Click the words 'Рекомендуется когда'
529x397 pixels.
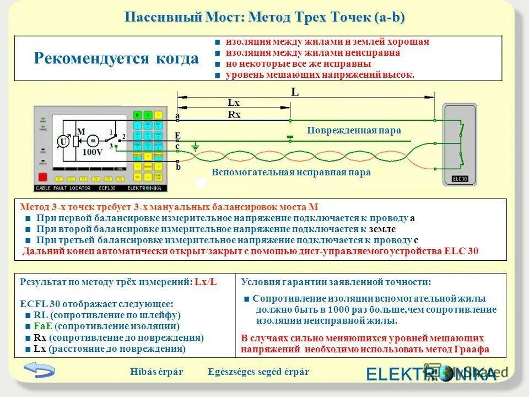[x=116, y=58]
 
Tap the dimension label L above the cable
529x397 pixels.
[x=295, y=93]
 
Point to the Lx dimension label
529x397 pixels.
[x=234, y=103]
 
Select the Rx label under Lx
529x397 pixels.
[x=234, y=115]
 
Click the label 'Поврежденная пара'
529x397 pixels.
[x=354, y=131]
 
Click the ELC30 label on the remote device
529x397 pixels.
[x=460, y=179]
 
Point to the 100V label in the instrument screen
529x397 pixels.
[x=92, y=152]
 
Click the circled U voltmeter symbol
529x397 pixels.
[x=63, y=142]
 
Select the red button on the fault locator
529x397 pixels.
[x=42, y=177]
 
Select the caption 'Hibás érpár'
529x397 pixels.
[x=156, y=372]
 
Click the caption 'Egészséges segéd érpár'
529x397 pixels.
[x=258, y=372]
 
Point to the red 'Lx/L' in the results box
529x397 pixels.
[x=206, y=282]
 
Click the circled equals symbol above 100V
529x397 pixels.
[x=93, y=141]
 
